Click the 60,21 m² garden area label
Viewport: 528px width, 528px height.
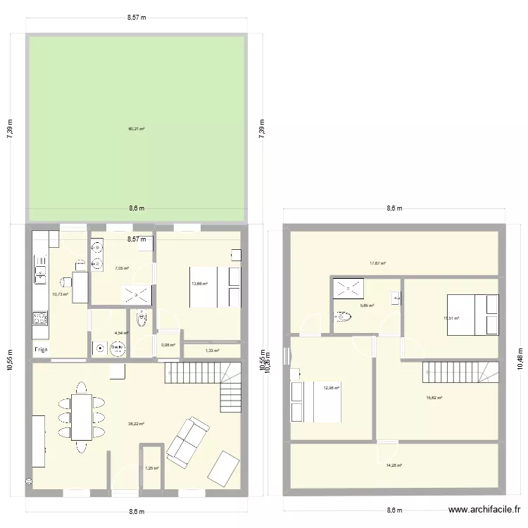(x=136, y=129)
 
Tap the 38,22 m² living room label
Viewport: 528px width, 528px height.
(x=136, y=424)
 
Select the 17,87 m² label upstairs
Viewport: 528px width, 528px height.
(x=378, y=263)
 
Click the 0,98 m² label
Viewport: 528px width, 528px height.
(x=168, y=345)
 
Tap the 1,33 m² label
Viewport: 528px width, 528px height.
(x=212, y=351)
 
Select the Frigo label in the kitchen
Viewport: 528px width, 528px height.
(x=41, y=350)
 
